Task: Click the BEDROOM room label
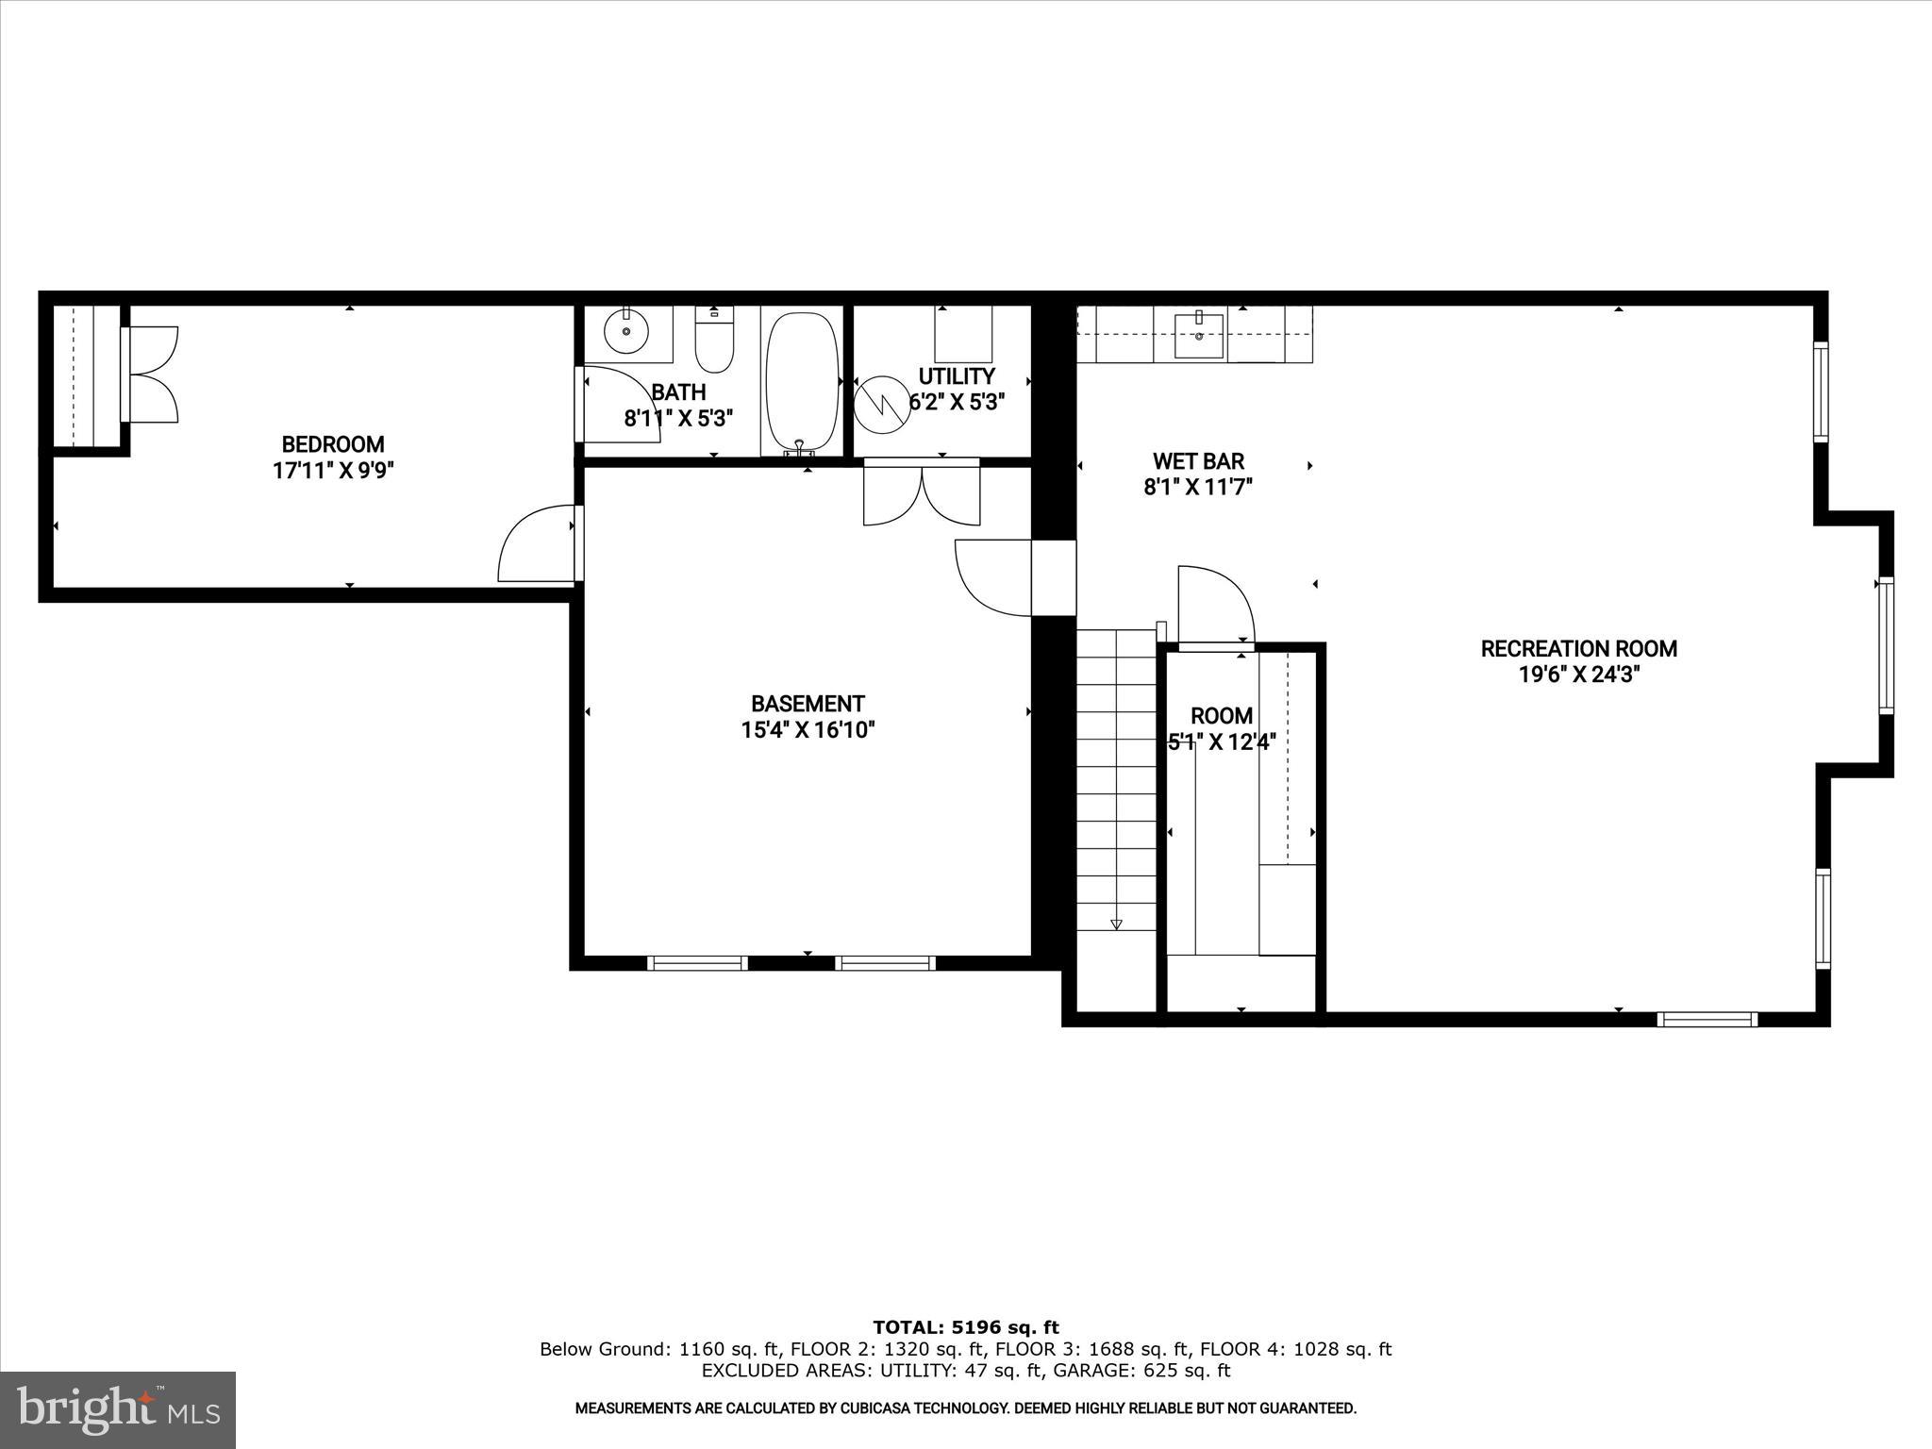(x=333, y=444)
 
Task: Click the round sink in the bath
(x=626, y=332)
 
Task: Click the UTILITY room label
(x=957, y=376)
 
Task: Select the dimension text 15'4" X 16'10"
(x=808, y=730)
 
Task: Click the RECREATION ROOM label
(x=1578, y=649)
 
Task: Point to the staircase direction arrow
(x=1116, y=924)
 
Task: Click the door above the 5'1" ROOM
(x=1213, y=604)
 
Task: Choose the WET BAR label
(x=1198, y=461)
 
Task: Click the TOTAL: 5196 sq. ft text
(x=965, y=1328)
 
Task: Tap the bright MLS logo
(x=118, y=1409)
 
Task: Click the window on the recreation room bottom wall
(x=1707, y=1019)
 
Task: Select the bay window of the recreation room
(x=1885, y=645)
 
